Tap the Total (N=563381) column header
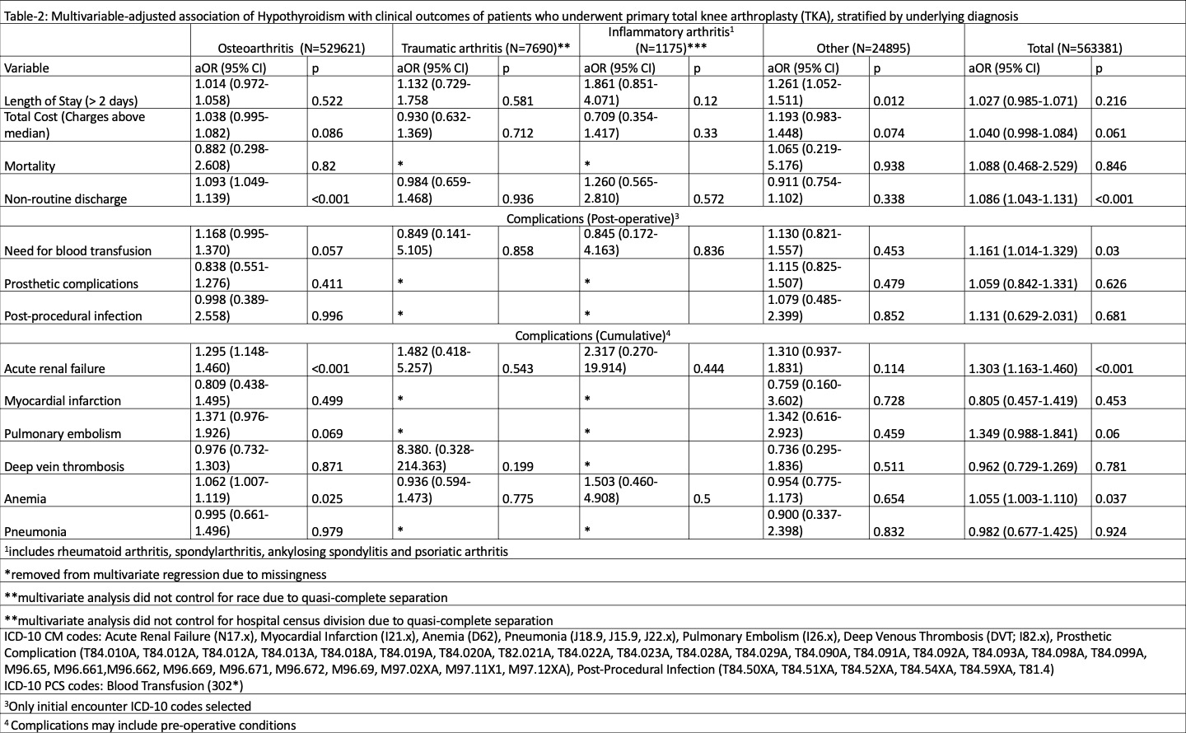pos(1074,49)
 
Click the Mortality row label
pos(30,166)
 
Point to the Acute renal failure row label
pos(54,369)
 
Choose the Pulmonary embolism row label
pos(63,434)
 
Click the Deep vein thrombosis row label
pos(64,467)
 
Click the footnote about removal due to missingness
pos(166,575)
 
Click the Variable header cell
pos(26,68)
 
